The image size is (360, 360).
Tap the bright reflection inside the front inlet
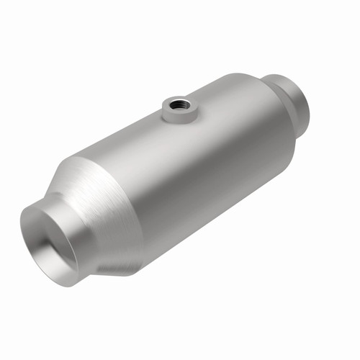(65, 259)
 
